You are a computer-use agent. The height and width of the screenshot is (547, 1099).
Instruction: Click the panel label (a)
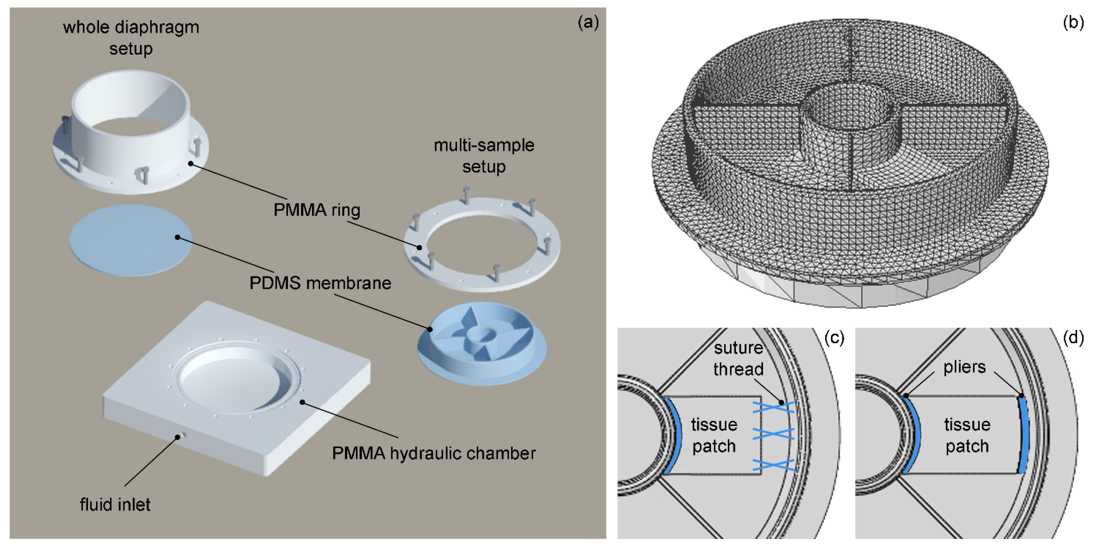tap(588, 22)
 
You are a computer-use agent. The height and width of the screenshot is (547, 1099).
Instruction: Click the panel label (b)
tap(1073, 22)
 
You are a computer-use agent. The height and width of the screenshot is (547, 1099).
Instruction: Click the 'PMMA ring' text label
tap(316, 210)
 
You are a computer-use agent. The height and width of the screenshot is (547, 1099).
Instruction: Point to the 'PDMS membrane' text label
tap(320, 283)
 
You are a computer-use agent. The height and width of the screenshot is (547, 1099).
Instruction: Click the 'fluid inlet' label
tap(115, 504)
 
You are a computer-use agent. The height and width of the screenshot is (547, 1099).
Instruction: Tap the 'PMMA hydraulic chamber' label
tap(434, 453)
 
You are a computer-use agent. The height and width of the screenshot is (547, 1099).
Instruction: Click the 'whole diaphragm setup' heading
tap(131, 38)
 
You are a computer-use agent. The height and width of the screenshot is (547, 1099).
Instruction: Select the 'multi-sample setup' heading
tap(484, 155)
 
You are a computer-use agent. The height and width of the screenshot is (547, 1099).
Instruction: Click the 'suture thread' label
tap(738, 358)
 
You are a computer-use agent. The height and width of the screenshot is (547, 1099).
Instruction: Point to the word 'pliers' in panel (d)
tap(965, 367)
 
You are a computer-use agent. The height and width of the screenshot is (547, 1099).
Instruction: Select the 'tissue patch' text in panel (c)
tap(714, 435)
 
